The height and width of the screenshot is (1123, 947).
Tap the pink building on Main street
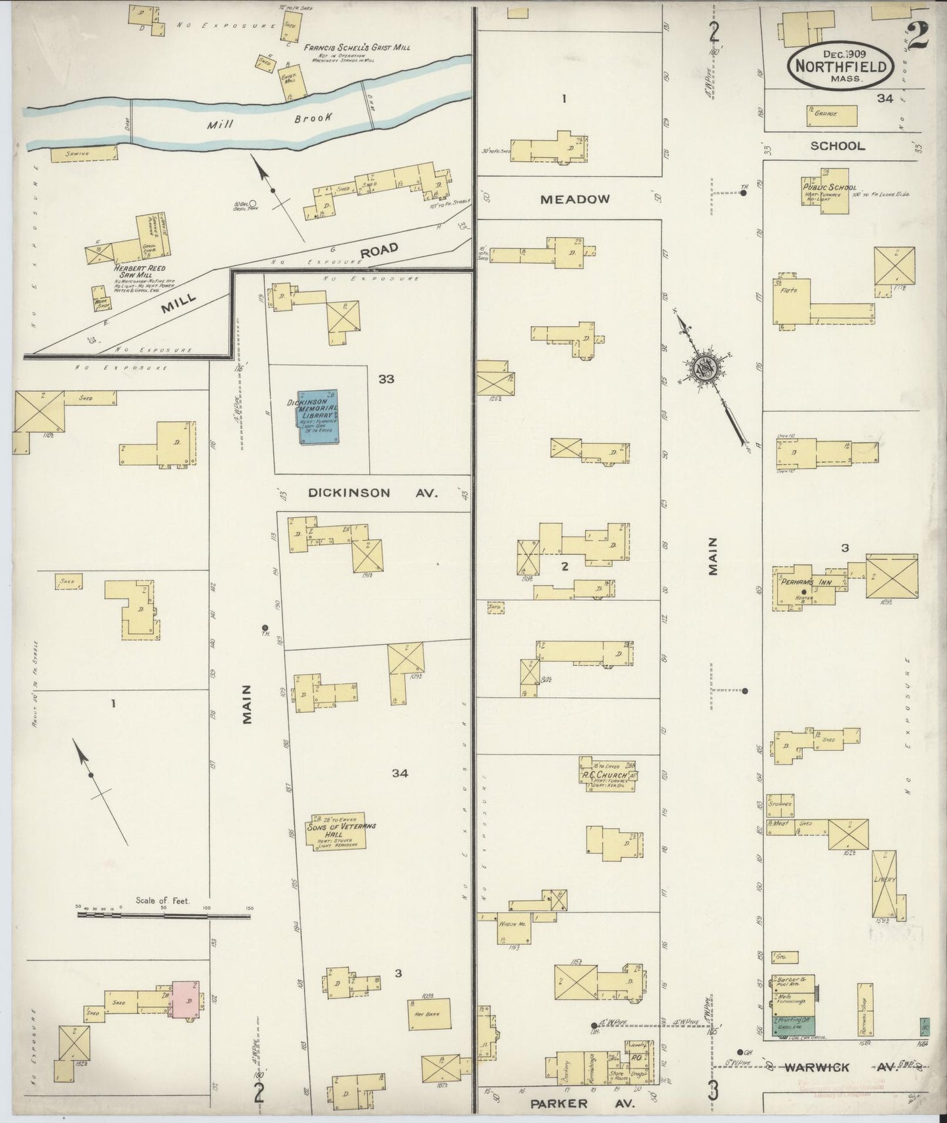click(186, 1000)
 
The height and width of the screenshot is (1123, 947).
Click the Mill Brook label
click(265, 120)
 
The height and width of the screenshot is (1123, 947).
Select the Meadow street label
click(575, 199)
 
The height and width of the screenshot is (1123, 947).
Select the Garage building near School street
click(831, 115)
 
